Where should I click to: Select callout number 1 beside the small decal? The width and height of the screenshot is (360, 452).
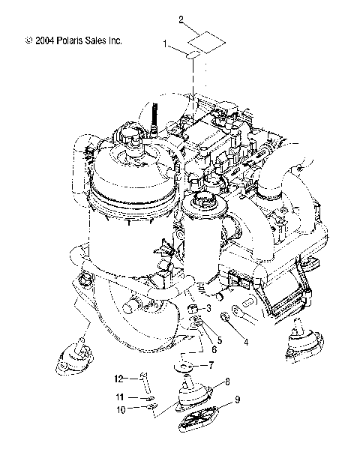click(166, 45)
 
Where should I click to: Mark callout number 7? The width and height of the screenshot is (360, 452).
click(211, 367)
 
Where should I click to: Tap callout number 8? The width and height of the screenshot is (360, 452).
click(227, 382)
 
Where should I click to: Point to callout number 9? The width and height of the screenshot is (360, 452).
click(237, 400)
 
